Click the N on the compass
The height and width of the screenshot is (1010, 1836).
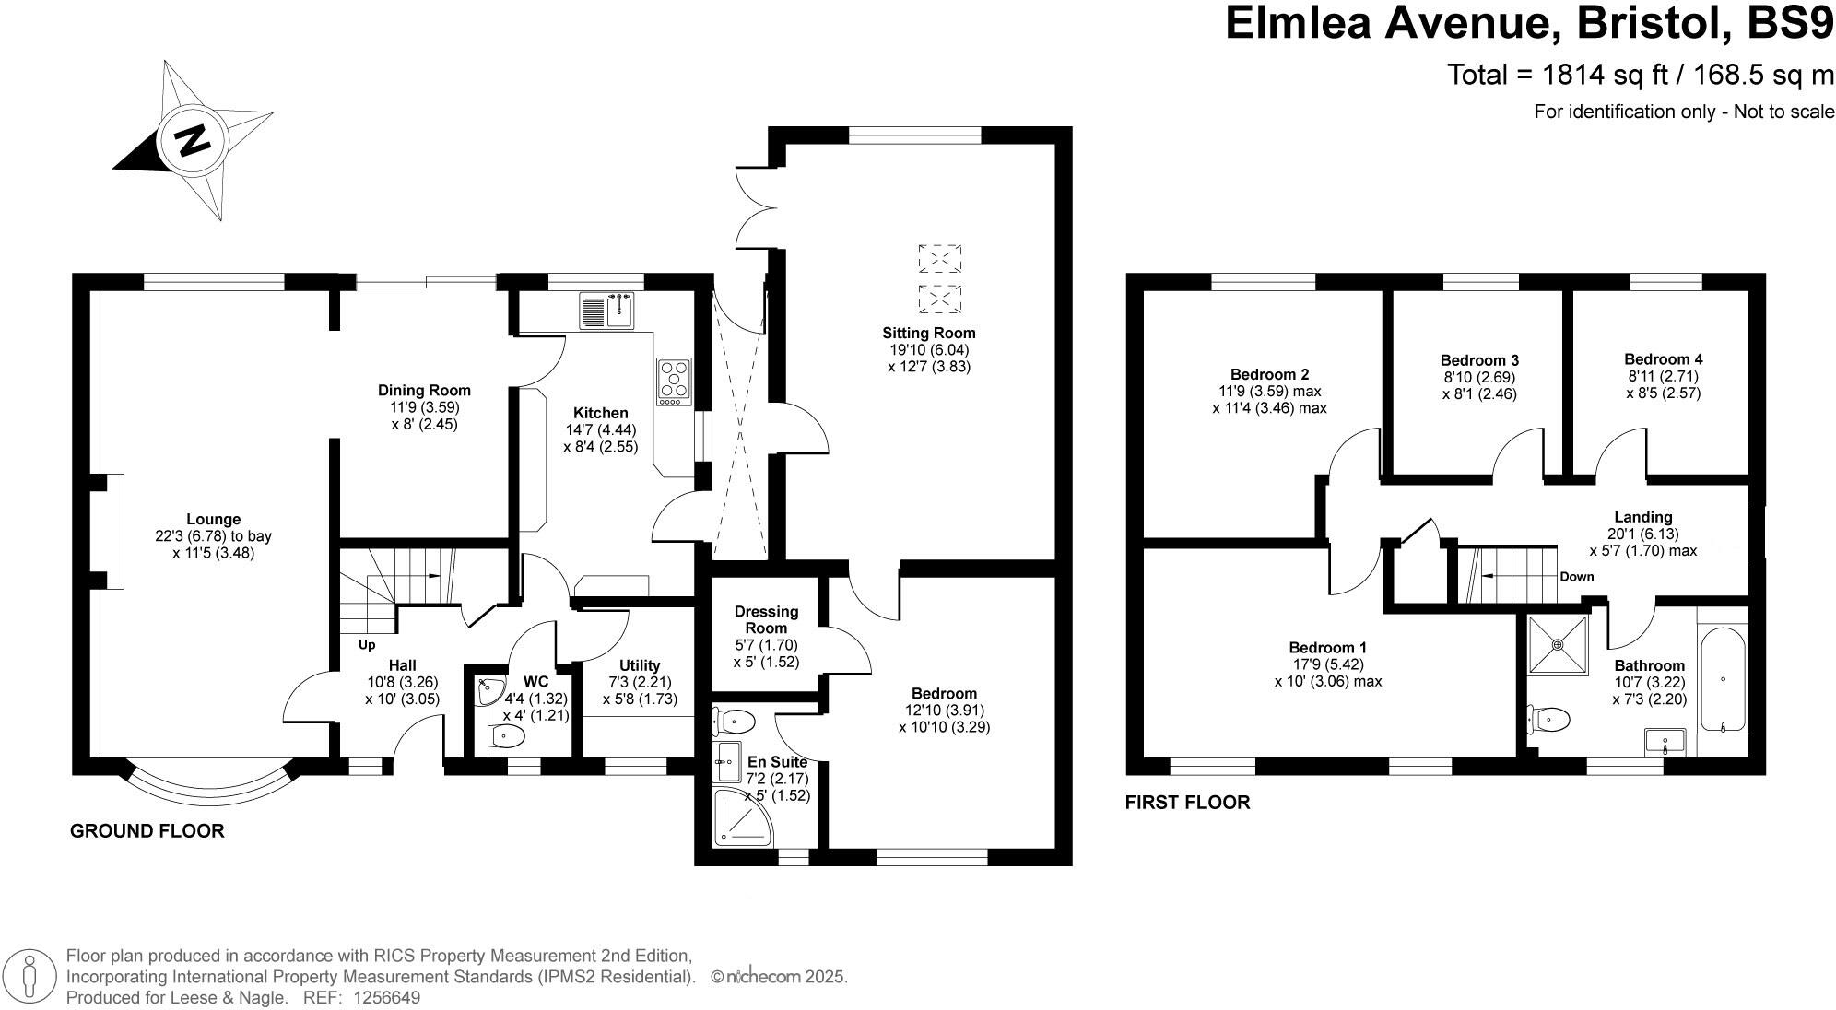tap(193, 141)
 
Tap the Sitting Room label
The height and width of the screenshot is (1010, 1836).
tap(928, 333)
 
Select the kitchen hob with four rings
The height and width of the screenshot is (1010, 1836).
tap(675, 382)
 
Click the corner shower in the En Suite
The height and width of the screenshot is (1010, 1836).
tap(741, 817)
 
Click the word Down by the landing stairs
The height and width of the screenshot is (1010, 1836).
tap(1576, 578)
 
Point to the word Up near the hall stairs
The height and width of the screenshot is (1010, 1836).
tap(367, 644)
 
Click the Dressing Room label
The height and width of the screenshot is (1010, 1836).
tap(766, 619)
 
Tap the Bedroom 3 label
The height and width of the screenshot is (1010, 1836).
tap(1479, 360)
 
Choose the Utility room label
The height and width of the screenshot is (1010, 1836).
tap(640, 665)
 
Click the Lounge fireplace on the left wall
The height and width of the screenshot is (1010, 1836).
tap(115, 530)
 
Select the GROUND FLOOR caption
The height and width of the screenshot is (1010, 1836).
tap(147, 831)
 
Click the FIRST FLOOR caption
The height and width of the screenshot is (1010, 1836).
tap(1187, 803)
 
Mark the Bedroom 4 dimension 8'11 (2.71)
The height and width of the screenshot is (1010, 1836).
tap(1663, 376)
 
